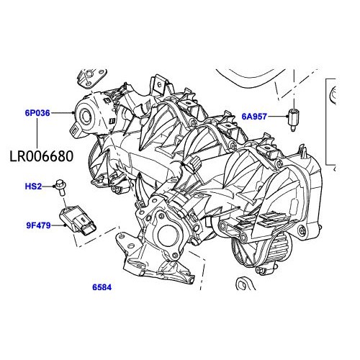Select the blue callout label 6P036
point(37,113)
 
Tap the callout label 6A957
point(254,115)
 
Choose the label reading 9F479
point(37,225)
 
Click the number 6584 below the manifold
point(102,287)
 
